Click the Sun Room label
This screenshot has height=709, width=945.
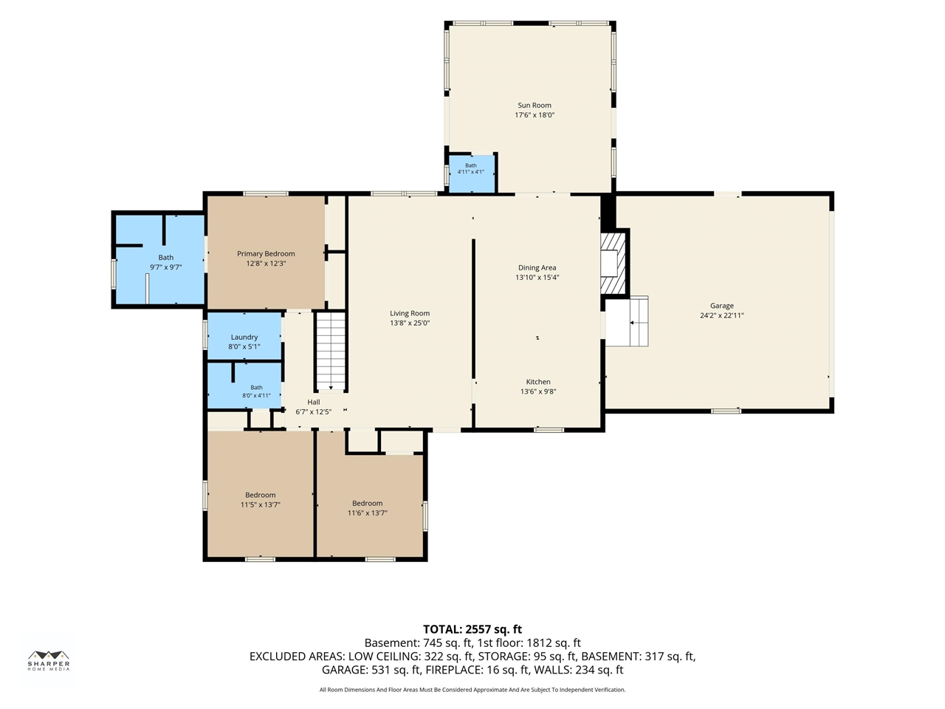click(535, 105)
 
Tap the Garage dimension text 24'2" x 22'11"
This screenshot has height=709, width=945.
click(721, 315)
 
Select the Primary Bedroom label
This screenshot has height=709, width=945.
click(266, 253)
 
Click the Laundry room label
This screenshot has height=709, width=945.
click(244, 337)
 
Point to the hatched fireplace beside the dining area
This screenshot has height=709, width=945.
click(613, 264)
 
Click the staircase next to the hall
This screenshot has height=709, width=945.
click(331, 351)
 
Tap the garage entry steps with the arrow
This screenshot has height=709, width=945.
click(639, 321)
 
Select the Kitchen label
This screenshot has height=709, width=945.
click(538, 382)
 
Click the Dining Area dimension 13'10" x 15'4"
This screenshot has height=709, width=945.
click(537, 277)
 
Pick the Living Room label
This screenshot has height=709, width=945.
click(410, 313)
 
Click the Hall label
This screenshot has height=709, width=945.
click(314, 402)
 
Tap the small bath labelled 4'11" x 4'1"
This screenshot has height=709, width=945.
click(472, 174)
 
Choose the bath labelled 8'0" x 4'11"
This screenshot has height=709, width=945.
click(244, 386)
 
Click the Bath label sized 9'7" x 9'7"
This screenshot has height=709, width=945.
click(166, 258)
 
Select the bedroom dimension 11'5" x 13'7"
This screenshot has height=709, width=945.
click(260, 504)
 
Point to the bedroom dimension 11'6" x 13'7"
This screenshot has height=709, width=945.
click(367, 513)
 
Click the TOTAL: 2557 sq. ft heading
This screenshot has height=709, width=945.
click(472, 629)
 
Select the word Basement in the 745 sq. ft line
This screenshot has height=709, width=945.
click(391, 643)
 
